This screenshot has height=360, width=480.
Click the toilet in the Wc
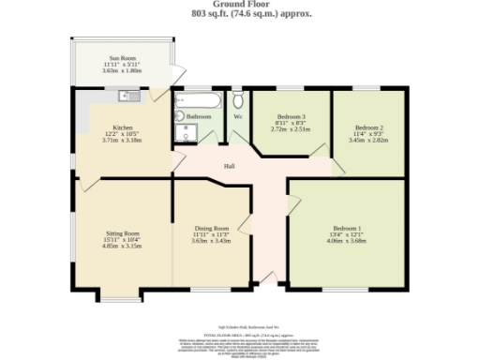tap(238, 98)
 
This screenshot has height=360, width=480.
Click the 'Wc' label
tap(238, 117)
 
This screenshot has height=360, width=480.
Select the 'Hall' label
tap(229, 166)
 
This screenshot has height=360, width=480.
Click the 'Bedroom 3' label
tap(290, 117)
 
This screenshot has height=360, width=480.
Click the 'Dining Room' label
tap(211, 229)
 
